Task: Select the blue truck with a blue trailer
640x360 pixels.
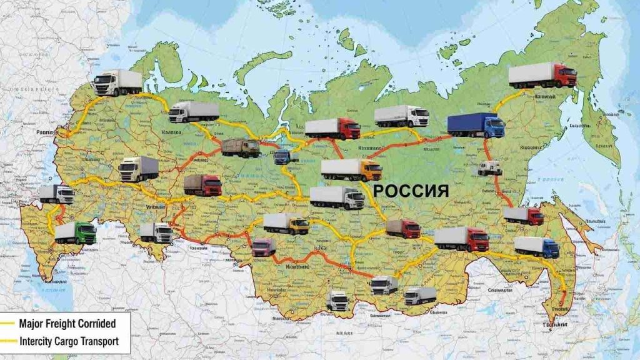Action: [x=476, y=126]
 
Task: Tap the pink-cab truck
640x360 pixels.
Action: [x=263, y=247]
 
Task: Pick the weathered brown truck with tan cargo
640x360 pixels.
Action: [x=241, y=147]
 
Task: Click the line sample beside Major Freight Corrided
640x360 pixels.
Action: [x=8, y=324]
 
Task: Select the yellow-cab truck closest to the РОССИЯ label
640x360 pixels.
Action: [x=351, y=169]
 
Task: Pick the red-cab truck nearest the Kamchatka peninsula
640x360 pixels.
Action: [x=542, y=75]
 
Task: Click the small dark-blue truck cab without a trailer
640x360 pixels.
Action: [x=282, y=156]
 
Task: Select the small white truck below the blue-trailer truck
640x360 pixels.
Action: [x=490, y=167]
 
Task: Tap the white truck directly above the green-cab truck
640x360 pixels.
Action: [x=57, y=194]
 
